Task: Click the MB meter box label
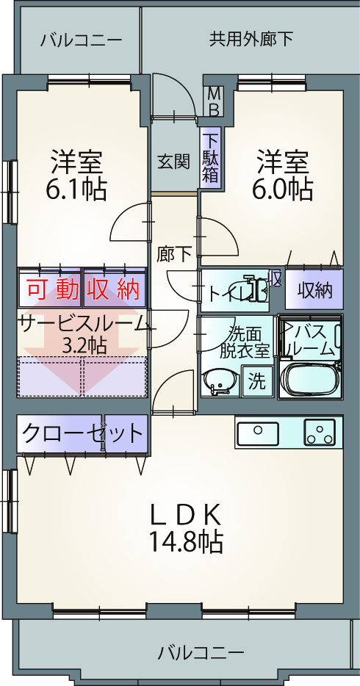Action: pos(215,101)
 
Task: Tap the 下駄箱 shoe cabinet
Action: pos(211,158)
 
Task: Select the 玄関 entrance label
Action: pos(173,162)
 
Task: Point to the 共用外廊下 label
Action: pos(251,40)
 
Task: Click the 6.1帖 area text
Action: pos(76,189)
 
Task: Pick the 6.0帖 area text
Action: pos(282,189)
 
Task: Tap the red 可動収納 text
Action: pos(83,289)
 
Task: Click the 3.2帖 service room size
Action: pos(84,346)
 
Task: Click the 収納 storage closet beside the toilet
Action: pos(314,289)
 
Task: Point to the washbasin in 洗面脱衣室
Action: pos(221,383)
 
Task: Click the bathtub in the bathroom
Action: pos(311,380)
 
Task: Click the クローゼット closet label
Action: pos(82,433)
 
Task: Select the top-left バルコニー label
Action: pos(82,40)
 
